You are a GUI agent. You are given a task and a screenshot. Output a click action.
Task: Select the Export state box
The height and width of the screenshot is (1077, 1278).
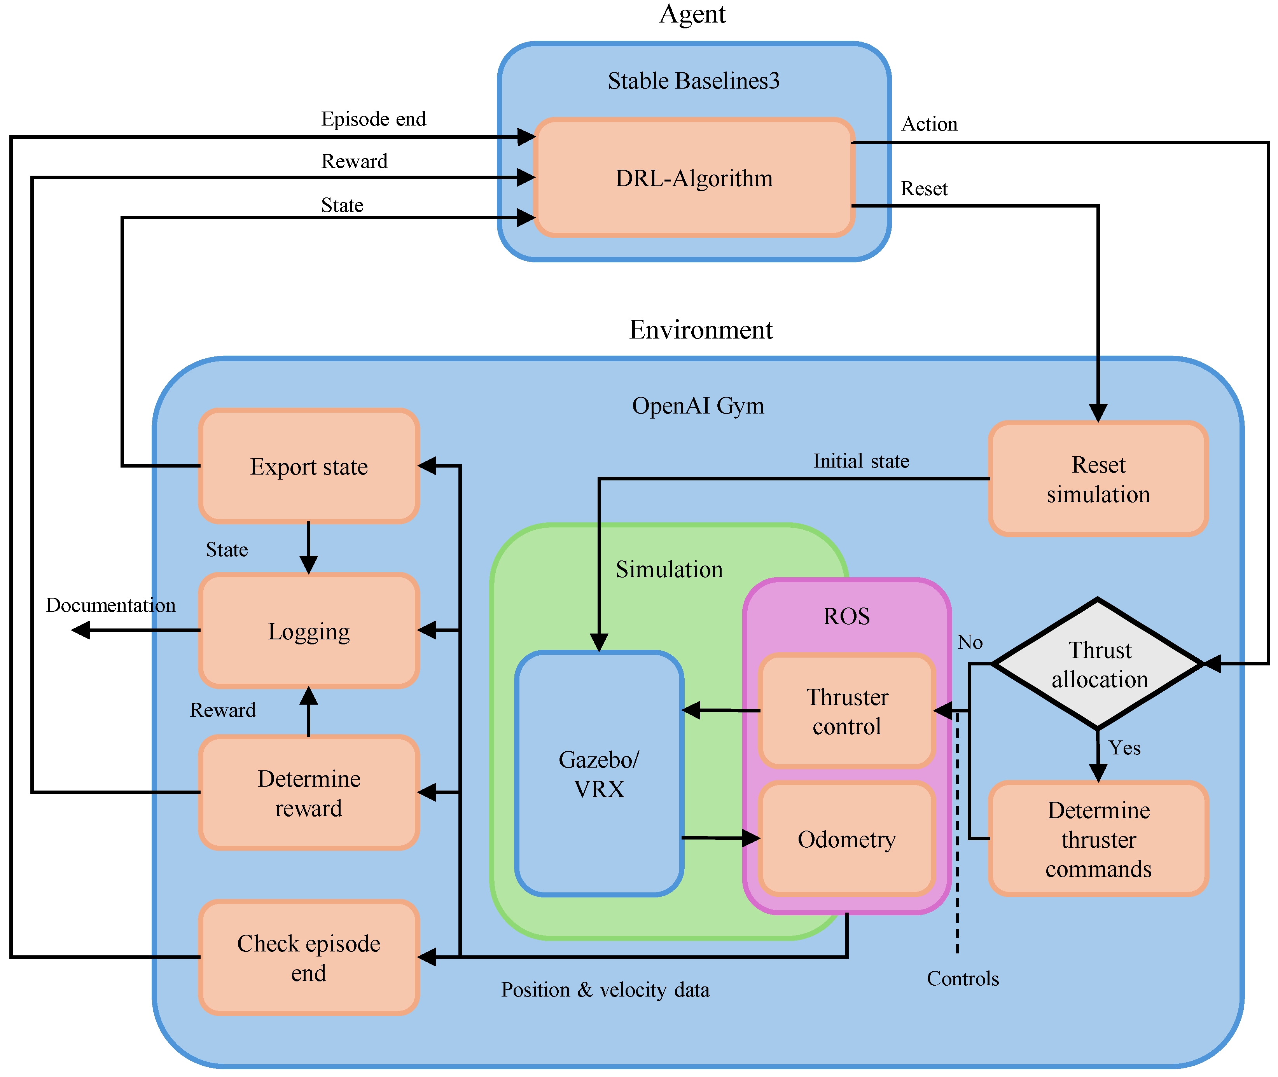pos(309,466)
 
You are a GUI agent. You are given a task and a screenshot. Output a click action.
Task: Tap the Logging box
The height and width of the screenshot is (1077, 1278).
pos(309,631)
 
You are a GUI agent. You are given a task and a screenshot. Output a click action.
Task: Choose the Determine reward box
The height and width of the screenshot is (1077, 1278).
pos(309,792)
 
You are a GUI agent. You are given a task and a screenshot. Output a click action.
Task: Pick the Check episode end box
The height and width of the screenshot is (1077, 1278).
pos(309,957)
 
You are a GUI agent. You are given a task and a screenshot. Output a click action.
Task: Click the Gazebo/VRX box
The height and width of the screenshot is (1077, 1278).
pos(599,773)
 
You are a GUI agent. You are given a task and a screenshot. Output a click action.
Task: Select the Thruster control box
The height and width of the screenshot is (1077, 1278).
pos(847,710)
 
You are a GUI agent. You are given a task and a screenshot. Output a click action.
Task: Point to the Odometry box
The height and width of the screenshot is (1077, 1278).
pos(847,839)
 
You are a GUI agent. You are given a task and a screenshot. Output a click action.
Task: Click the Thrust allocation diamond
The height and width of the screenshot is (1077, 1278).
pos(1098,664)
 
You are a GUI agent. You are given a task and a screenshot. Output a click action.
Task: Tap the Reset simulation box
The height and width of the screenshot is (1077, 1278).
pos(1098,479)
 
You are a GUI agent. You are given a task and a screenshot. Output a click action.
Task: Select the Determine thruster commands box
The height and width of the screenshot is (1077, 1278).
pos(1098,839)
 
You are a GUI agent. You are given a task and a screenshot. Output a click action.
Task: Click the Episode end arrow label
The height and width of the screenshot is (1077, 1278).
pos(374,119)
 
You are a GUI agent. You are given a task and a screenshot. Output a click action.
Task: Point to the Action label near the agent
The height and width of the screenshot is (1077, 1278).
pos(929,124)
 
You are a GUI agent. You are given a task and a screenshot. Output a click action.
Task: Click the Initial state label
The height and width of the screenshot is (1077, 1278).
pos(861,461)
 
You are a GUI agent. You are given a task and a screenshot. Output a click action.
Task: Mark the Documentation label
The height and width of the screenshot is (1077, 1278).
pos(110,605)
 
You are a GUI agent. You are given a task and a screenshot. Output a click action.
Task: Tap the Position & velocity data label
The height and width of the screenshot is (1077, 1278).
pos(605,990)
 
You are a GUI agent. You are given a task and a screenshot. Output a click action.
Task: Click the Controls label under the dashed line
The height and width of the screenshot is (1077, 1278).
pos(963,979)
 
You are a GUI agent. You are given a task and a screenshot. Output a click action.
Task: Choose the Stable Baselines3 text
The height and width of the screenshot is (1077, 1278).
pos(694,80)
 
